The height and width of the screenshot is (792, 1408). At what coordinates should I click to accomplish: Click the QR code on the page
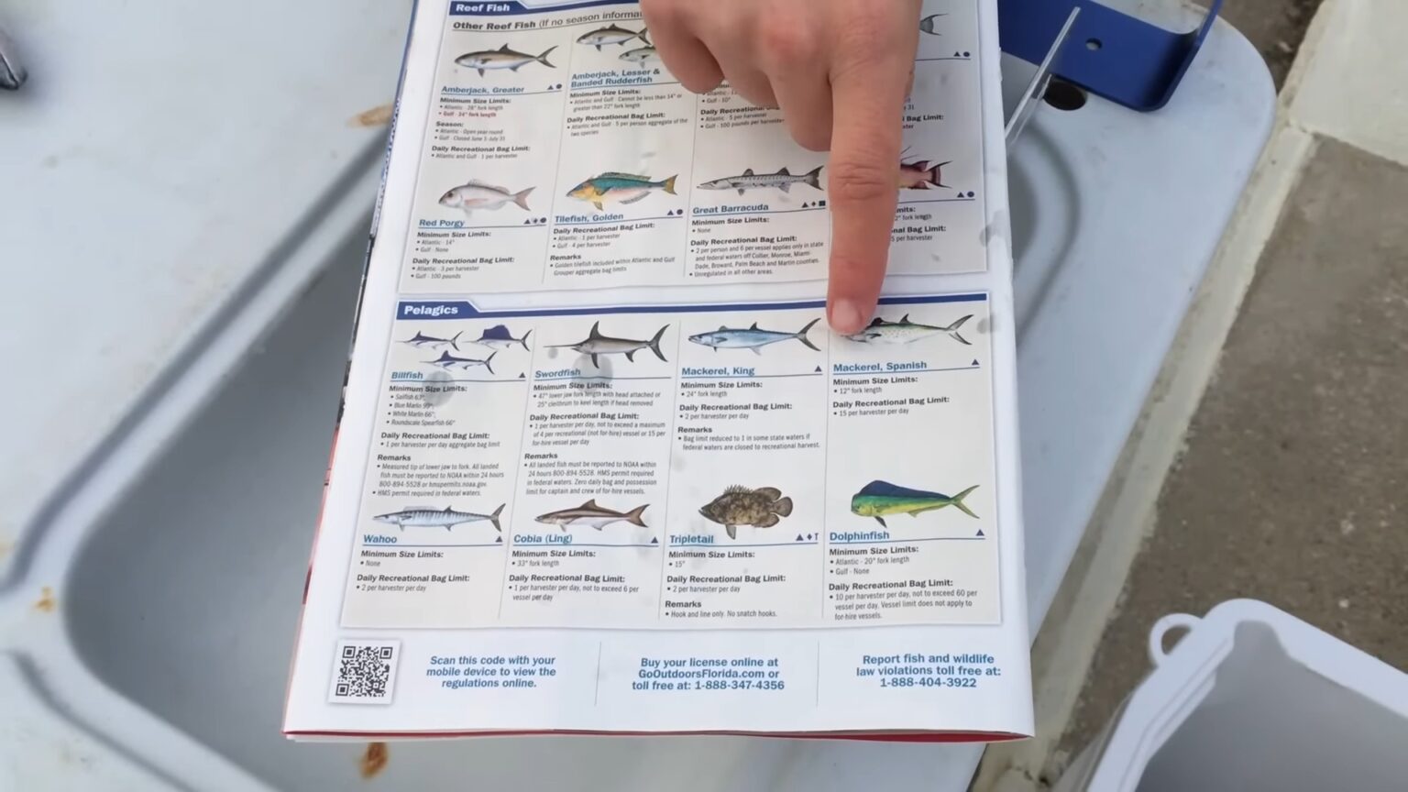(366, 671)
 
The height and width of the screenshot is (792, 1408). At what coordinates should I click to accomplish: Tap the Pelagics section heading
(430, 310)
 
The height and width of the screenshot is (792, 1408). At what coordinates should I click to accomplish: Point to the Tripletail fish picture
(746, 508)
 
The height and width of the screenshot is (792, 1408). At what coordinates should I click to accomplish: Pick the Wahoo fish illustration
(438, 518)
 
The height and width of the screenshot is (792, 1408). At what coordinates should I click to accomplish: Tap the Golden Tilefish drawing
(621, 191)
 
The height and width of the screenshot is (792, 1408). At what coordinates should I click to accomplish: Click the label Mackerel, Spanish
(879, 367)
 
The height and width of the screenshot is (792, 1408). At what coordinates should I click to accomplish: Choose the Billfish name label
(407, 375)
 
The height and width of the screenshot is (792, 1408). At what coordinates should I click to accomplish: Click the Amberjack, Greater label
(482, 90)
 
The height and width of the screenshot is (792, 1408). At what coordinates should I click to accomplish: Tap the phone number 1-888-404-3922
(928, 683)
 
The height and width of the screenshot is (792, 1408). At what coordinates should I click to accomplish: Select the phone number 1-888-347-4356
(739, 686)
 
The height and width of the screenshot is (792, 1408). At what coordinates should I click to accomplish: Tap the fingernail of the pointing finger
(848, 316)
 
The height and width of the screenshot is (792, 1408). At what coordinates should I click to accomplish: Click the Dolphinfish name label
(859, 536)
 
